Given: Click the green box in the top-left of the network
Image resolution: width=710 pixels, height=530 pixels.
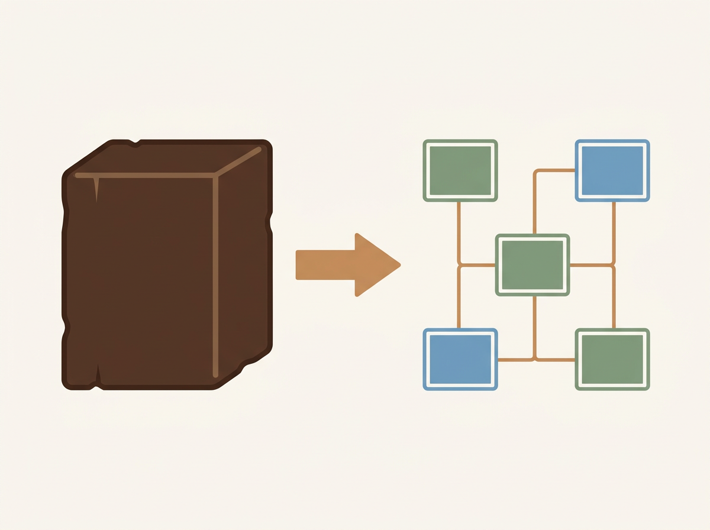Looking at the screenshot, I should [x=460, y=170].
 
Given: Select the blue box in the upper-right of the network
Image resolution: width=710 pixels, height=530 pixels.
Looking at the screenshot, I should [x=612, y=170].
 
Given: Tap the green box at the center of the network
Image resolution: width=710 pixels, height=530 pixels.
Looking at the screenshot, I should [x=532, y=264].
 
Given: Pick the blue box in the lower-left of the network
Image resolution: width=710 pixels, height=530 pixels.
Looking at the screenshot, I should [x=460, y=359].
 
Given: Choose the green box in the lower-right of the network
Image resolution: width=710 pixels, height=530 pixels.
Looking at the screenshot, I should [x=612, y=359].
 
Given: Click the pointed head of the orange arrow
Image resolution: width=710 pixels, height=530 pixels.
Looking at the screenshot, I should [x=379, y=264].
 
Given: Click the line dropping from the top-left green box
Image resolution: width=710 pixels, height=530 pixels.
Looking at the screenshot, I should [x=459, y=231].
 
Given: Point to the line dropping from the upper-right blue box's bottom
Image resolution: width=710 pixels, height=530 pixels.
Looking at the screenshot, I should [x=614, y=231].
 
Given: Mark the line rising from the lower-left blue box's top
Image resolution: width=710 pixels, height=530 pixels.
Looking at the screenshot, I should [x=459, y=299].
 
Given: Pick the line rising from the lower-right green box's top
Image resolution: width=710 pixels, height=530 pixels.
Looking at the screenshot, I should [x=614, y=299].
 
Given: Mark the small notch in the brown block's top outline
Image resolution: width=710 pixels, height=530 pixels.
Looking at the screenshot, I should [x=137, y=141].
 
